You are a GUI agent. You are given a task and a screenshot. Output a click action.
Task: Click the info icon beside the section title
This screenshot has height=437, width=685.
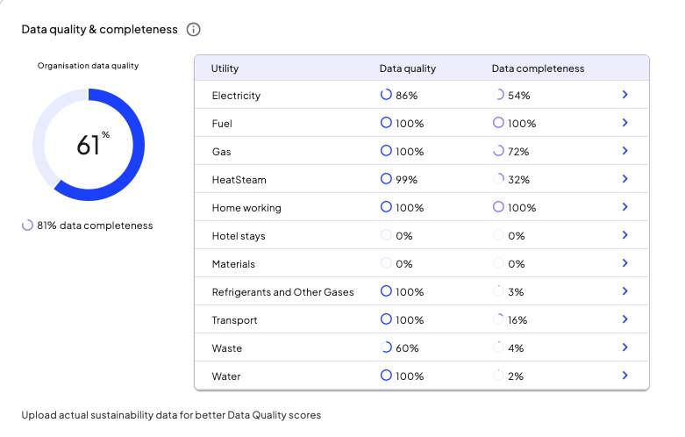(x=193, y=30)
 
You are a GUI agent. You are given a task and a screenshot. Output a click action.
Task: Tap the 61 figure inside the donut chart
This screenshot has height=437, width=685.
(x=89, y=146)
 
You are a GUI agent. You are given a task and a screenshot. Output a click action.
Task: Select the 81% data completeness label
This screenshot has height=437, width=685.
(x=95, y=226)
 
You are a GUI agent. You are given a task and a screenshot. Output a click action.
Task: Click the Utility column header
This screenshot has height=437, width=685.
(x=225, y=68)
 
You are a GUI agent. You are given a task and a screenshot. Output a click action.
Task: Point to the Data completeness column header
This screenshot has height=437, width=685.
(x=538, y=68)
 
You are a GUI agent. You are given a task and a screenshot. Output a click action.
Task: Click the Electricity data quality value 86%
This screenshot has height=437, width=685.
(x=407, y=96)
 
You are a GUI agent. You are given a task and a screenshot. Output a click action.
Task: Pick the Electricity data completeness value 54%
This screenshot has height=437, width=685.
(x=519, y=96)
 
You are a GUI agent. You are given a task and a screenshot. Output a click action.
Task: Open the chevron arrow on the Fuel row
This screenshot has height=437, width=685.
(x=625, y=123)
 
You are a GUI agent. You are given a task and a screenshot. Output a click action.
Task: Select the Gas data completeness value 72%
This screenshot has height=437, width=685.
(x=518, y=152)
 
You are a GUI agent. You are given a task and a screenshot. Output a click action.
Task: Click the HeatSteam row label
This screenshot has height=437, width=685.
(x=239, y=180)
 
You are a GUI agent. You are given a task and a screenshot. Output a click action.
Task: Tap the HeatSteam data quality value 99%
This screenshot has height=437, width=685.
(x=407, y=180)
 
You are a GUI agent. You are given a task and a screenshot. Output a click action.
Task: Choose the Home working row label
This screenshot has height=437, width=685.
(x=246, y=208)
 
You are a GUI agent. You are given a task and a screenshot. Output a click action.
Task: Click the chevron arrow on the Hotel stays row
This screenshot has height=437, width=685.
(x=625, y=235)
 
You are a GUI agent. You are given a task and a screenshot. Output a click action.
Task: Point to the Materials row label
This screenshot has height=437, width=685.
(x=233, y=264)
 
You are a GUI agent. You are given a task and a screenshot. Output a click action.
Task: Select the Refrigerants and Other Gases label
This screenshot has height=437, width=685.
(x=282, y=292)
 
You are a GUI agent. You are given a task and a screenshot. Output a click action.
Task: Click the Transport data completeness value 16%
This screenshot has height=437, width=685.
(x=517, y=320)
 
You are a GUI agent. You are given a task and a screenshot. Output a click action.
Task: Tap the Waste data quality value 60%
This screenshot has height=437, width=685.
(x=407, y=348)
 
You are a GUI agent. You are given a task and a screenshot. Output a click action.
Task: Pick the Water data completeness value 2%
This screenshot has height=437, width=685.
(x=516, y=376)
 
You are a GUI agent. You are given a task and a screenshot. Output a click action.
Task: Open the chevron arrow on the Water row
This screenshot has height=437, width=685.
(x=625, y=376)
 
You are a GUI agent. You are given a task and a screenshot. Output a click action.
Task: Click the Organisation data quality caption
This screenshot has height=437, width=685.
(x=88, y=66)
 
